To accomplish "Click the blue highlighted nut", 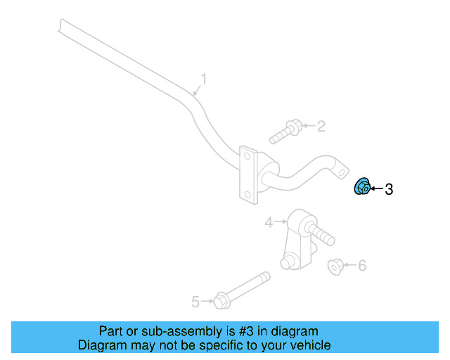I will [361, 188].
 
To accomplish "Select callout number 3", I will [389, 188].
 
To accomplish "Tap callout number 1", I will [205, 79].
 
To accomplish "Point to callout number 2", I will [321, 127].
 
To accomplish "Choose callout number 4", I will [269, 223].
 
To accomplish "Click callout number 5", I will [195, 302].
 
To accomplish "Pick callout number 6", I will [362, 266].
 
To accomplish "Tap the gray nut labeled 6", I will [336, 266].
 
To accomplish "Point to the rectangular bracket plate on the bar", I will [247, 174].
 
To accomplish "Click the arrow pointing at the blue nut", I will [376, 188].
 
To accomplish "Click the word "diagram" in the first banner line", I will [294, 331].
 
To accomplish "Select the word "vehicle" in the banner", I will [310, 345].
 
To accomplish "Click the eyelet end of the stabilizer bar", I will [340, 169].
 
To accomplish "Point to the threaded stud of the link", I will [323, 233].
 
